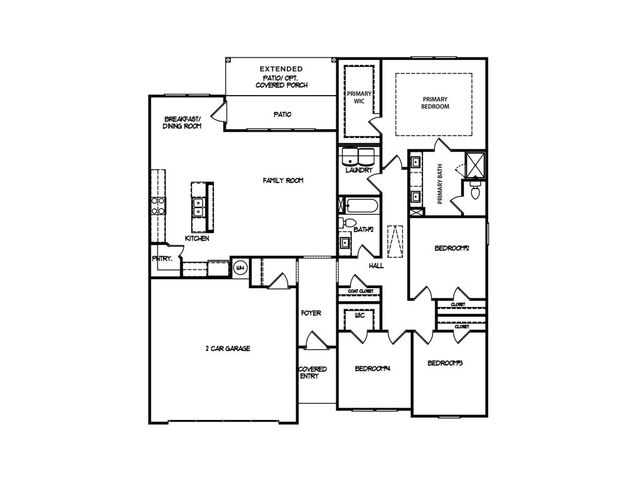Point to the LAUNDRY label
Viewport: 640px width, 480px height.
pyautogui.click(x=358, y=170)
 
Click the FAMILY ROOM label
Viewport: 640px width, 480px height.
pyautogui.click(x=283, y=181)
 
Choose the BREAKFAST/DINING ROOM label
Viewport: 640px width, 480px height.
pyautogui.click(x=184, y=124)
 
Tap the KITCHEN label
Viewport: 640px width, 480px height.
pyautogui.click(x=197, y=239)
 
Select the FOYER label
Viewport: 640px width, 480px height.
pyautogui.click(x=311, y=313)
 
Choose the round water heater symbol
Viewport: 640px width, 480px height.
pyautogui.click(x=241, y=268)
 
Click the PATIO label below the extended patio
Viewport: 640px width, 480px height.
pyautogui.click(x=282, y=114)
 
